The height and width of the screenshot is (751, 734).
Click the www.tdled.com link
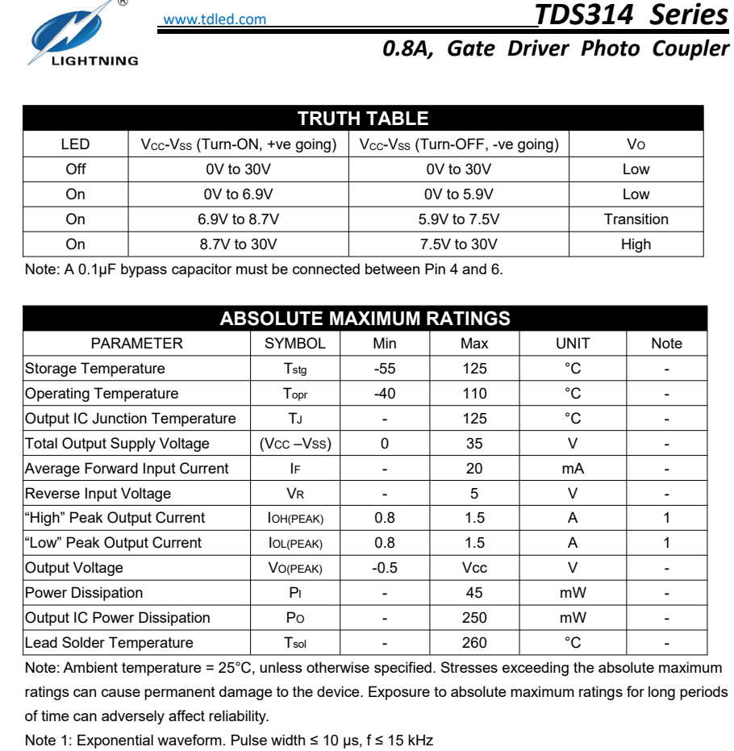tap(215, 19)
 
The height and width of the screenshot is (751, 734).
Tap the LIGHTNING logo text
tap(95, 60)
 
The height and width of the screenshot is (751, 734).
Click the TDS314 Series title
tap(631, 15)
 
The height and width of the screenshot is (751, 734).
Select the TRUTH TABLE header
tap(363, 119)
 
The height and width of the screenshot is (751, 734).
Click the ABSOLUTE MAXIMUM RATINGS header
tap(365, 319)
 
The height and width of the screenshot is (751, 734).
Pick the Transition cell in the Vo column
tap(636, 219)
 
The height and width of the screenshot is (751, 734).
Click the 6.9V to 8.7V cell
tap(238, 219)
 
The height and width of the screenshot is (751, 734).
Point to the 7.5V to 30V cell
tap(458, 244)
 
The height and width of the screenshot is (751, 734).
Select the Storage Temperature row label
tap(95, 369)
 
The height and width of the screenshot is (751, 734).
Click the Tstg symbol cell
tap(295, 369)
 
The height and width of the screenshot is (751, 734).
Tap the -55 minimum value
tap(385, 369)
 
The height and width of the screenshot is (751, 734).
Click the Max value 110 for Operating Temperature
tap(474, 394)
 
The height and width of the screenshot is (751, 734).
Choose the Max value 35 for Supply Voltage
tap(474, 444)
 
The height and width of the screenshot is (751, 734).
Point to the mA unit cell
tap(573, 469)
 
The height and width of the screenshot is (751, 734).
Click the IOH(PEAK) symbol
tap(295, 519)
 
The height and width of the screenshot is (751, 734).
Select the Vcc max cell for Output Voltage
tap(474, 568)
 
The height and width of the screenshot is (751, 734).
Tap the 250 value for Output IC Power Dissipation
tap(474, 618)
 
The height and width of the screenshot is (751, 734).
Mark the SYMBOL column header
tap(295, 344)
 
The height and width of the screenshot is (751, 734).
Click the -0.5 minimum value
tap(385, 568)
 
